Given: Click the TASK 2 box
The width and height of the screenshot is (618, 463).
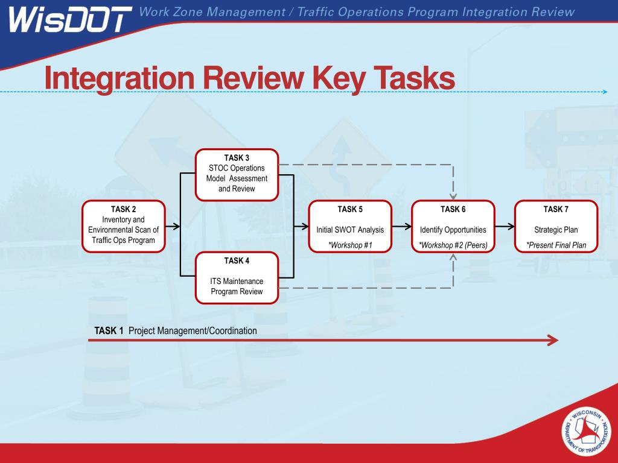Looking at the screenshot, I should pyautogui.click(x=124, y=225).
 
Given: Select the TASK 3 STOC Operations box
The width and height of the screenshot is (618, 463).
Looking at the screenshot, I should pyautogui.click(x=237, y=174).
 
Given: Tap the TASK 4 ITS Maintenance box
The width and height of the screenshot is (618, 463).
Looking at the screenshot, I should pyautogui.click(x=237, y=277).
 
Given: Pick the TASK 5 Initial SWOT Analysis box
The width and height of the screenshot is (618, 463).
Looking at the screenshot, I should pyautogui.click(x=350, y=226).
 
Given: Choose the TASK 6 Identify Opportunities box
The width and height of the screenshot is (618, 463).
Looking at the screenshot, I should pyautogui.click(x=453, y=226).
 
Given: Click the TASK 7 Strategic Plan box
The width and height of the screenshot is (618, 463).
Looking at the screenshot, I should pyautogui.click(x=556, y=226).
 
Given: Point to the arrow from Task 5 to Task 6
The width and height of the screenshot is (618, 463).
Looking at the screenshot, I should pyautogui.click(x=401, y=227).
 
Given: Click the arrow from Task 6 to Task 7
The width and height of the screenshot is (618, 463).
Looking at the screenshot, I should pyautogui.click(x=505, y=227).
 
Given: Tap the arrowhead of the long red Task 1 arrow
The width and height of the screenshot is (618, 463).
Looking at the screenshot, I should pyautogui.click(x=552, y=341).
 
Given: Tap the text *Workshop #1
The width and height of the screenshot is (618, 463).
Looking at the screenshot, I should pyautogui.click(x=350, y=245).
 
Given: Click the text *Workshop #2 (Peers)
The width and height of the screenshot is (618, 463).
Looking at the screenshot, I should pyautogui.click(x=453, y=245).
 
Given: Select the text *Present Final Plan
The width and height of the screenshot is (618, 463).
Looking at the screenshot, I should pyautogui.click(x=556, y=245).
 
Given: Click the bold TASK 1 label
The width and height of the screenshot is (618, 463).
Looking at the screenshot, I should pyautogui.click(x=109, y=331).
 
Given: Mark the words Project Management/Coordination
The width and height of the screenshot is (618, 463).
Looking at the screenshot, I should pyautogui.click(x=193, y=331).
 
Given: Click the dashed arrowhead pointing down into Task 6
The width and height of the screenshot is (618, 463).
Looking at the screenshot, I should pyautogui.click(x=453, y=195).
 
